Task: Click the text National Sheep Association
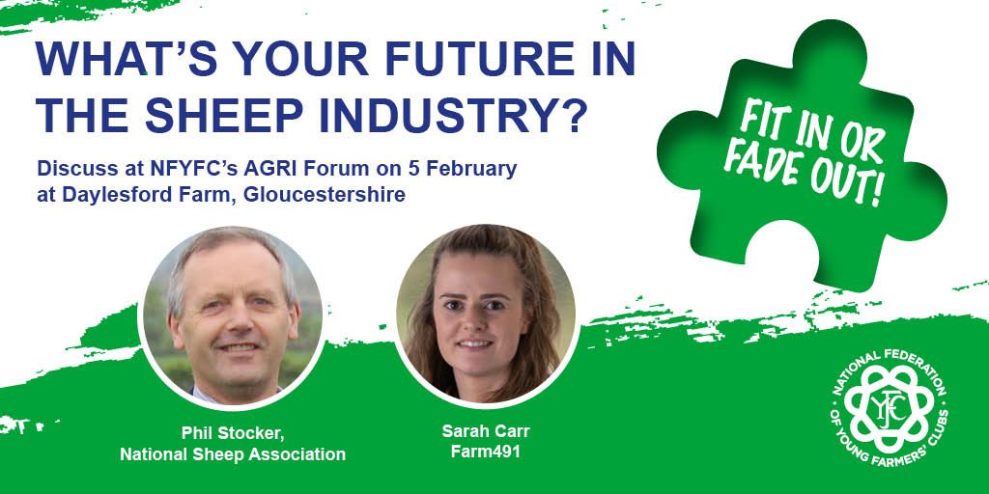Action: point(233,454)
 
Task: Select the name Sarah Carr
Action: point(482,431)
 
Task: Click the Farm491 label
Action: point(482,451)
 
